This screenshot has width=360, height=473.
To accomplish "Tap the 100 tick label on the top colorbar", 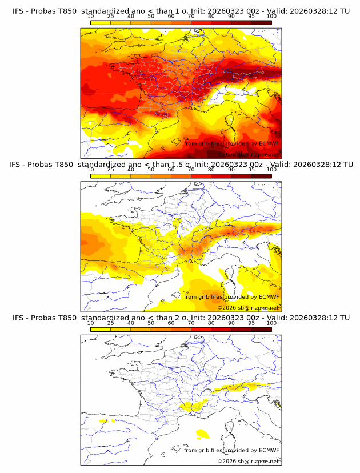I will [271, 17].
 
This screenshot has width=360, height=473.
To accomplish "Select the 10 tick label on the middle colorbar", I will [91, 170].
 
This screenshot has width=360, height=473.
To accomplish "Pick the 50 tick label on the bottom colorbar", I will [151, 323].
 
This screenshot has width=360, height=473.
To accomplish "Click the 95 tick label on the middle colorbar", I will [251, 170].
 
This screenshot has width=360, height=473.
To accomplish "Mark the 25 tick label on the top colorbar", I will [110, 17].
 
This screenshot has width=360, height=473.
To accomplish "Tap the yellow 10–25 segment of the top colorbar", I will [101, 22].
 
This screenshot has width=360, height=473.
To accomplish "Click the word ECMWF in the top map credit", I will [269, 143].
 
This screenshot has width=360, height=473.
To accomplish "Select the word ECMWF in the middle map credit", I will [269, 296].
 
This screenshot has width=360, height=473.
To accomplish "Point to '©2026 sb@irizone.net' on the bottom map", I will [248, 461].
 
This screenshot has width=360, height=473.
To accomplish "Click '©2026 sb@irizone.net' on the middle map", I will [248, 308].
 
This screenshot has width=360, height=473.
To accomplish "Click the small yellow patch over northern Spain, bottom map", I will [103, 420].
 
